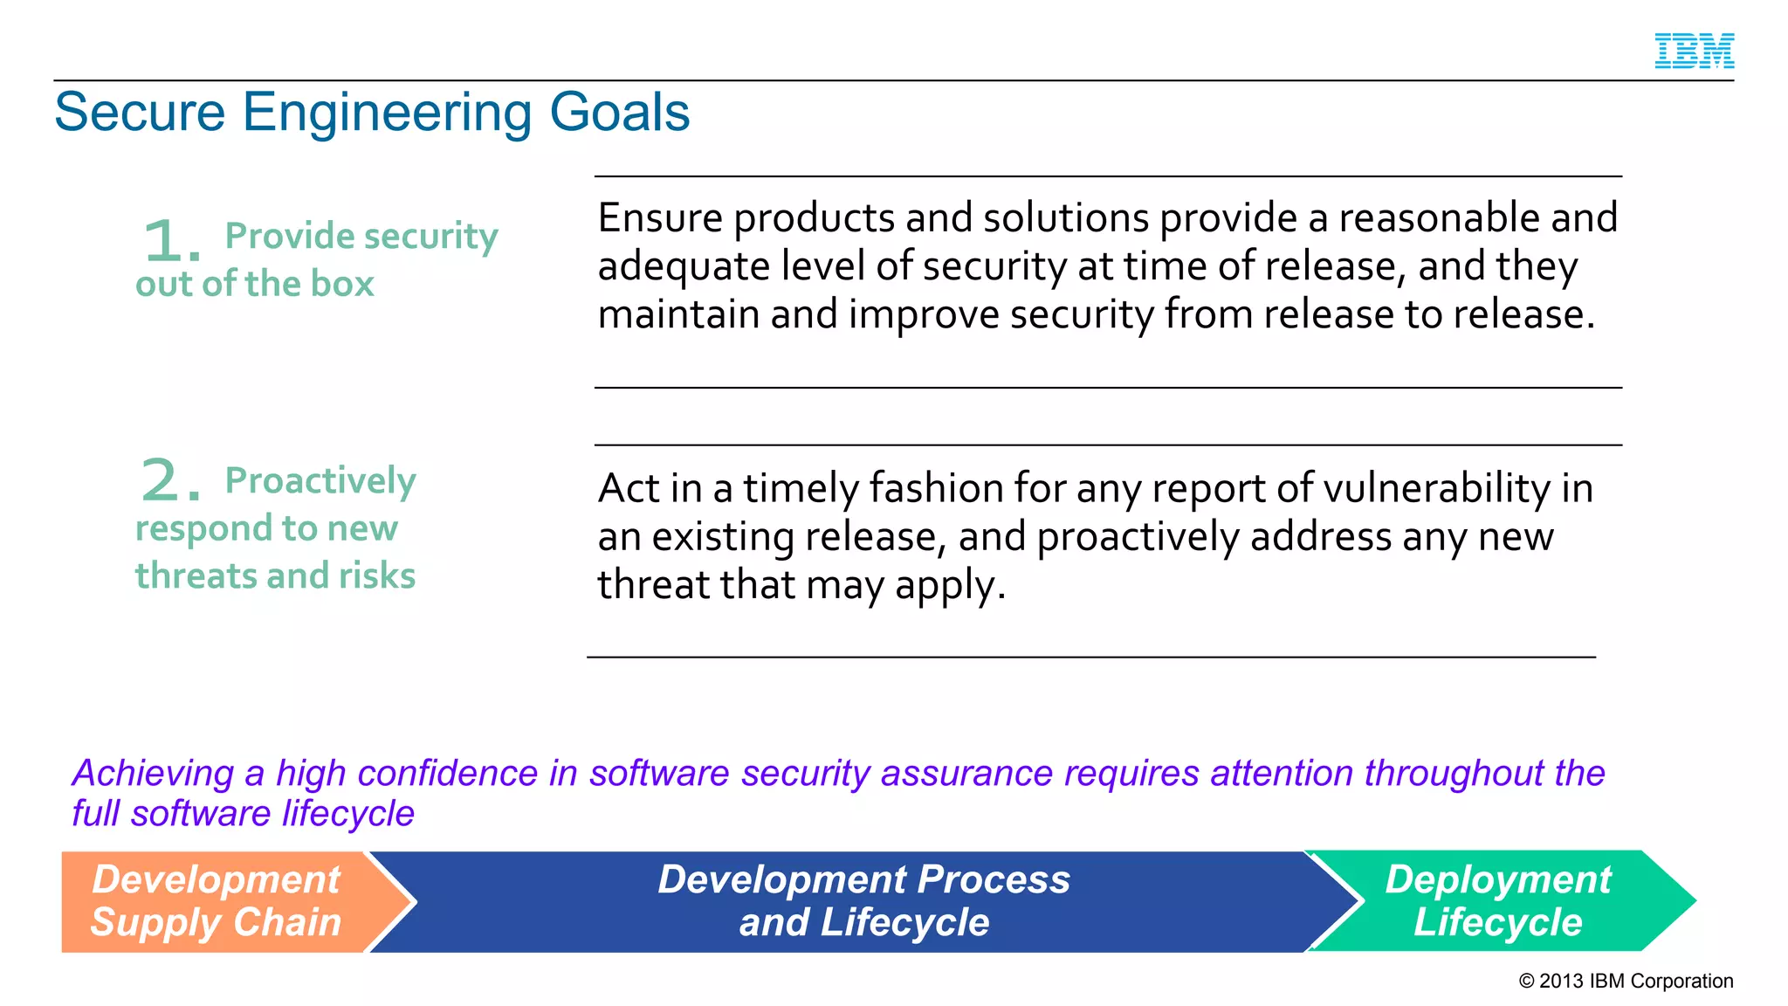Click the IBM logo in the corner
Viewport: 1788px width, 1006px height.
click(1694, 51)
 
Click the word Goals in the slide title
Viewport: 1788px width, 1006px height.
click(619, 113)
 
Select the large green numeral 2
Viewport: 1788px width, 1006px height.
click(163, 481)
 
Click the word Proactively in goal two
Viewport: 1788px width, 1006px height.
click(320, 481)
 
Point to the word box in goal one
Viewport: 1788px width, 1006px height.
click(343, 284)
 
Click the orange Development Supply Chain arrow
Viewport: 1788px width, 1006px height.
click(218, 901)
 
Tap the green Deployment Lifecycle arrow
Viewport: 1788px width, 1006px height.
click(1497, 901)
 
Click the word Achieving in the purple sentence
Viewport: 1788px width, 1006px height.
click(153, 774)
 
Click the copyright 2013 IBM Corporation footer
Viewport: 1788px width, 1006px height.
click(1626, 981)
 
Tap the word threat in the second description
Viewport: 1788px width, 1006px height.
click(651, 585)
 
